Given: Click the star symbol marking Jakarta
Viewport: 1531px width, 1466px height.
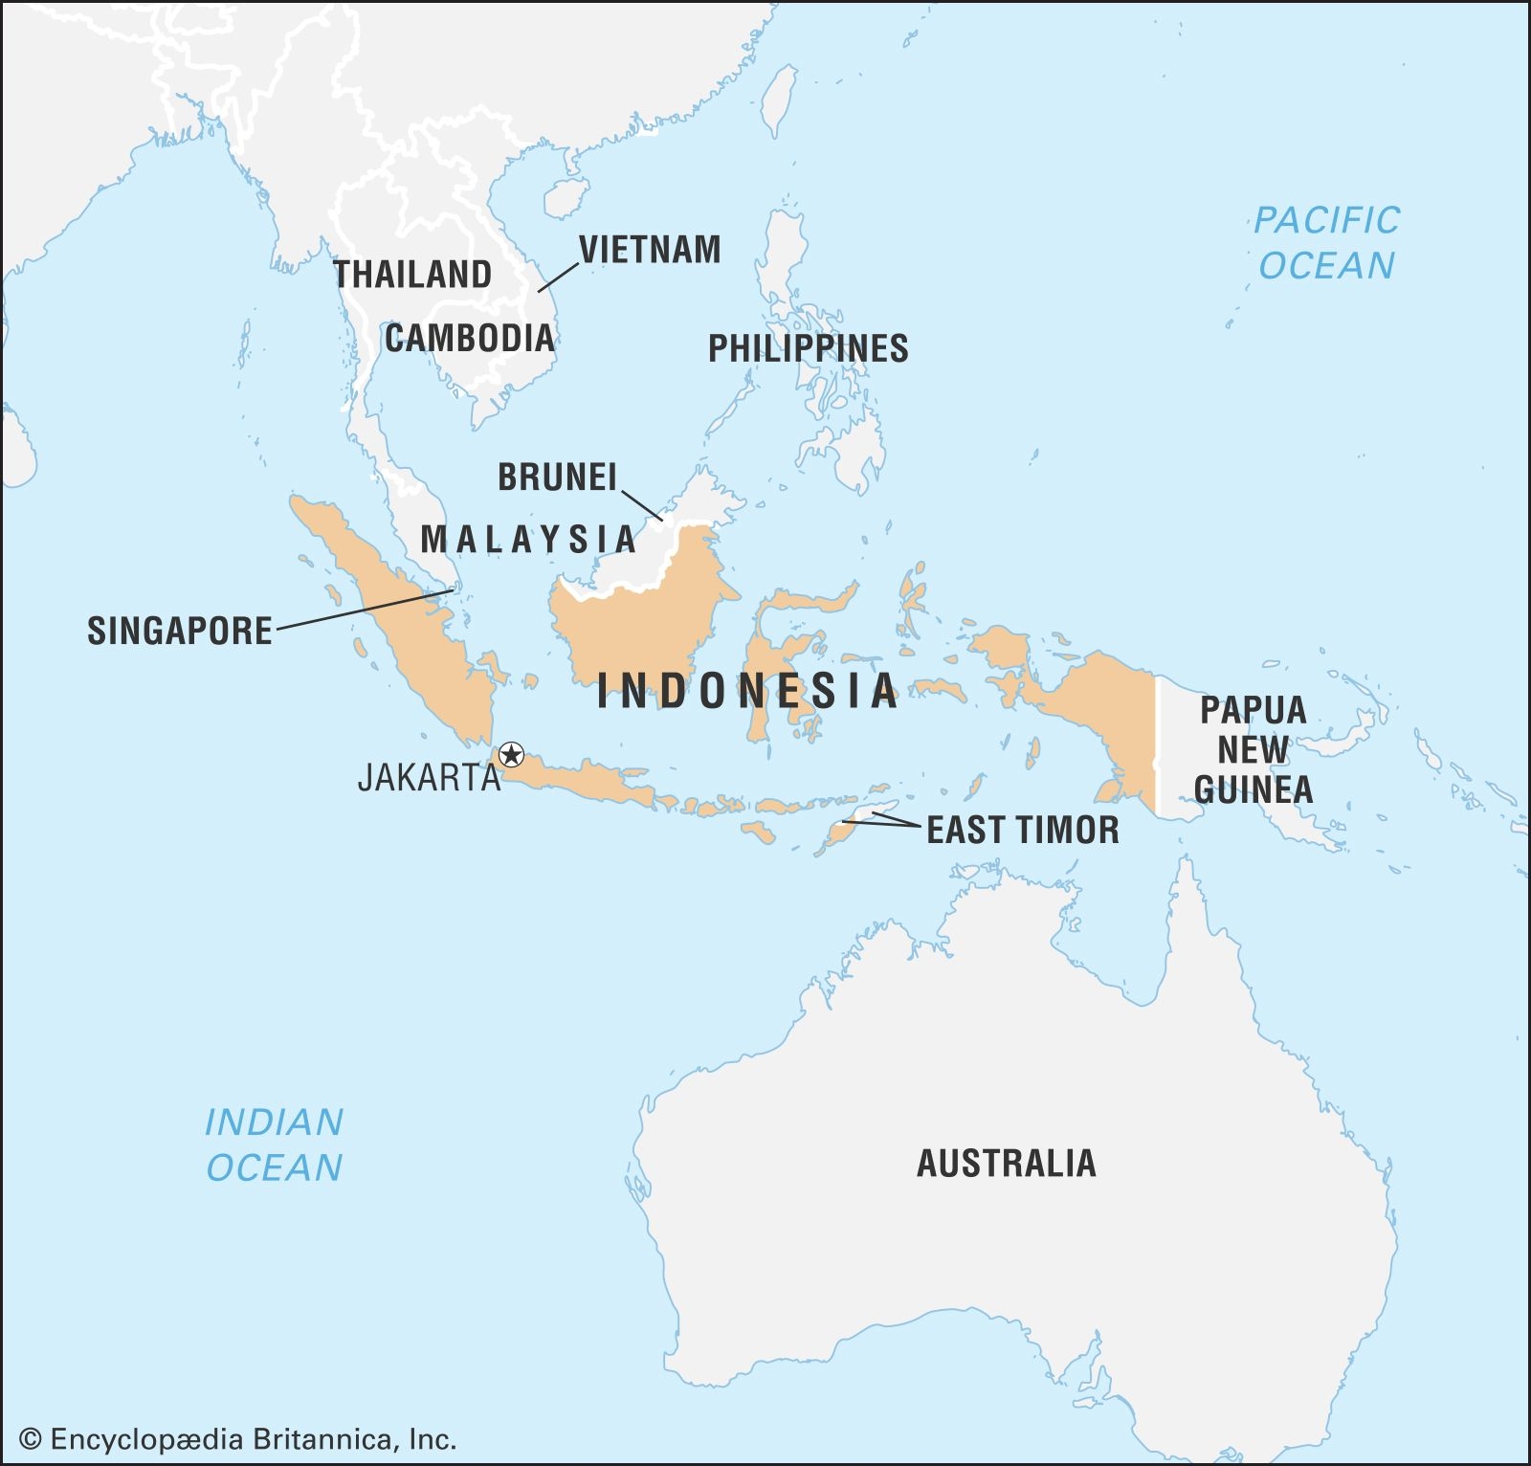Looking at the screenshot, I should click(512, 754).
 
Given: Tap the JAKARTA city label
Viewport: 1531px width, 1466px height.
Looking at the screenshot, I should click(429, 777).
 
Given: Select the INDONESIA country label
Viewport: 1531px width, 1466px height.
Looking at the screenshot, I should click(747, 691).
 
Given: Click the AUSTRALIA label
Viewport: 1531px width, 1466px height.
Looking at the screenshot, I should click(1007, 1163).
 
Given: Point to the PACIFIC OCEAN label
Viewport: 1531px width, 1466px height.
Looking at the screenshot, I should click(1326, 242).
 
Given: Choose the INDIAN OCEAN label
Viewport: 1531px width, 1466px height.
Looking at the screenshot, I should click(275, 1144).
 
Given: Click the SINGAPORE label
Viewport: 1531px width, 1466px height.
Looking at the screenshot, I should click(180, 631).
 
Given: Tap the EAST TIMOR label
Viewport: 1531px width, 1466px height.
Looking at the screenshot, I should click(1023, 830).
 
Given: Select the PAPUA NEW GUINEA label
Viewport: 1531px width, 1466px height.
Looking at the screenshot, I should click(1253, 749).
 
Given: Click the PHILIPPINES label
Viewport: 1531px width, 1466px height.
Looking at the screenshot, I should click(808, 348).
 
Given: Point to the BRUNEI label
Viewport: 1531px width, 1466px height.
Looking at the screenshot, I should click(558, 477).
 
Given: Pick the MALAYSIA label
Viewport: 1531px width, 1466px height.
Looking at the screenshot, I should click(528, 539).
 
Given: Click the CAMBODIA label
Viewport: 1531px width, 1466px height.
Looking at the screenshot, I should click(470, 338).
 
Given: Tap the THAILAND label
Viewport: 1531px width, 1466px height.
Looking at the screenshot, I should click(412, 275).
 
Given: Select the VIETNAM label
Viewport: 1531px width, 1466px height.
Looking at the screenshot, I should click(650, 250).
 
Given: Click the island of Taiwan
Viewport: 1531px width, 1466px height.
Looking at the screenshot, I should click(780, 100).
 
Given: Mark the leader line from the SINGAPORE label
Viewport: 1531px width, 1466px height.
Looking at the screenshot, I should click(364, 610).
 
